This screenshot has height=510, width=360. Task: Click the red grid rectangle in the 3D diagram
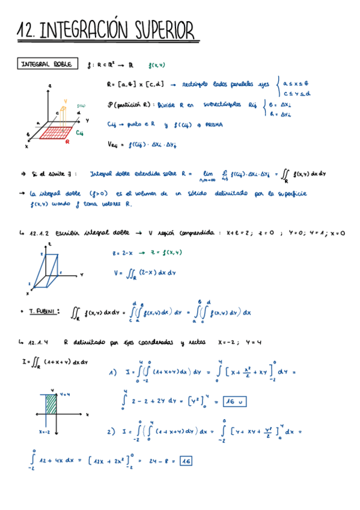[56, 132]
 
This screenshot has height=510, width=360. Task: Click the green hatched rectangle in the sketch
[52, 402]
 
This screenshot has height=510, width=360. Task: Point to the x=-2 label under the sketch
[44, 431]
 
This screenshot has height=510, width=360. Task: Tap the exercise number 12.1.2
[35, 232]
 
